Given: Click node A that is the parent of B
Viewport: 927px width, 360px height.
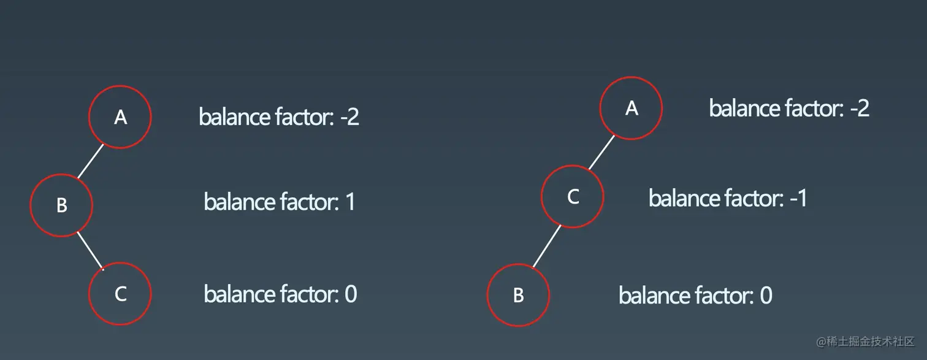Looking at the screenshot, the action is click(120, 117).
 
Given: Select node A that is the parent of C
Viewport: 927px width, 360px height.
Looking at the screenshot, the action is click(631, 108).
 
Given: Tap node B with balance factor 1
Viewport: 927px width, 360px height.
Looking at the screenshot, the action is click(61, 204).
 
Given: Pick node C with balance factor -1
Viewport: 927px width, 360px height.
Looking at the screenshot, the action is click(573, 196).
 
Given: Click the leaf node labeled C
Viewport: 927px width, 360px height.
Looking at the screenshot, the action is click(120, 294).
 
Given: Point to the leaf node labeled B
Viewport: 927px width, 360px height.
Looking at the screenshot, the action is click(518, 296).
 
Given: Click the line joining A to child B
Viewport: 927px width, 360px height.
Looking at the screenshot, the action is click(91, 161).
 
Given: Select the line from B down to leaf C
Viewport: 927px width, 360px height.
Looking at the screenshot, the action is click(90, 250).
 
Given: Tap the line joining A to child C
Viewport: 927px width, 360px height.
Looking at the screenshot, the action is click(601, 153).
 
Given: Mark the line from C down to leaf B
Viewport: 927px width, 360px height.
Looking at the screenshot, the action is click(546, 246).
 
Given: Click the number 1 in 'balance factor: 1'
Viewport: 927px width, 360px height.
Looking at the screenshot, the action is click(350, 202).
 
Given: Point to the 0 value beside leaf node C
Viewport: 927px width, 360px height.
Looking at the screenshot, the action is click(351, 294).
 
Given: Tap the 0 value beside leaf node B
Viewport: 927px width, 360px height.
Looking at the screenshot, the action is click(766, 296).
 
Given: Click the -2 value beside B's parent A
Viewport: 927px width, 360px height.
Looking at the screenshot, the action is click(349, 117).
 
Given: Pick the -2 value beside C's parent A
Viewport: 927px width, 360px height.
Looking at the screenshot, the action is click(860, 109).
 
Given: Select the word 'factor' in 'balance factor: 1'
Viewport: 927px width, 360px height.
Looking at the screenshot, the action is click(304, 202).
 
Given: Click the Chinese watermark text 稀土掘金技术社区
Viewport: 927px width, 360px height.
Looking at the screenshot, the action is click(874, 341).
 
